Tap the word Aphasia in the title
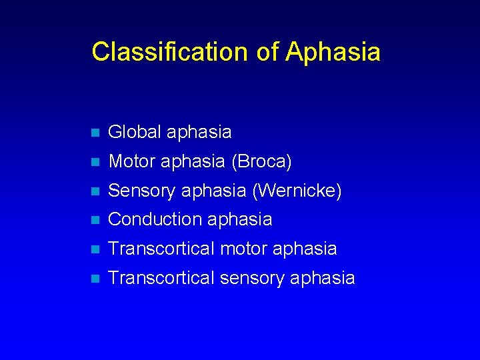click(333, 52)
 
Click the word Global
click(135, 132)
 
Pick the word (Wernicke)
click(297, 191)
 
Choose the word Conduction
click(155, 219)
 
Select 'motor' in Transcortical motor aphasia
click(243, 249)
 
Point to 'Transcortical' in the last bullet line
click(160, 278)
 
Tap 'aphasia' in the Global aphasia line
click(199, 132)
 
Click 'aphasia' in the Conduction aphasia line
click(240, 219)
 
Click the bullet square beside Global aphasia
click(95, 133)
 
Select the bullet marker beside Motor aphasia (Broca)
click(95, 162)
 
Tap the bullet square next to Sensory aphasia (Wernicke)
click(95, 191)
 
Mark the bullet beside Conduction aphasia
click(95, 220)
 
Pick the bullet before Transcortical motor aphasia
click(95, 249)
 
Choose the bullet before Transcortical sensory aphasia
click(95, 279)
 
